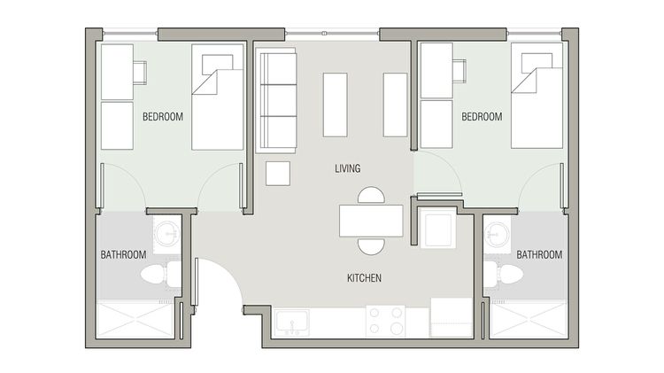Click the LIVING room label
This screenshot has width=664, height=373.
[x=348, y=168]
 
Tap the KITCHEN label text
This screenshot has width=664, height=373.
[x=364, y=278]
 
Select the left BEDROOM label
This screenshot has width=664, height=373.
[x=163, y=116]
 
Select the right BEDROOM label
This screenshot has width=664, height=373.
[x=482, y=116]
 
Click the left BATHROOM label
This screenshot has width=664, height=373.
[x=123, y=254]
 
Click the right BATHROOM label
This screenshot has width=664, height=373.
[x=539, y=254]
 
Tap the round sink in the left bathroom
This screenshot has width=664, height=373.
[x=166, y=234]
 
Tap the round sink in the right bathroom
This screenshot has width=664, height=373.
[x=497, y=235]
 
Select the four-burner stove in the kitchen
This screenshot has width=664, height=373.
[x=385, y=321]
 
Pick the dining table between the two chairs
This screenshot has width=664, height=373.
[x=371, y=221]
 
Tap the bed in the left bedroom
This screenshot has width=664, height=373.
[x=217, y=99]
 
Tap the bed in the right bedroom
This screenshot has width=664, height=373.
[x=536, y=99]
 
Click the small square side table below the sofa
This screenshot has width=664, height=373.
[x=278, y=172]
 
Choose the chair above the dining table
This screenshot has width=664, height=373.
[x=372, y=196]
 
